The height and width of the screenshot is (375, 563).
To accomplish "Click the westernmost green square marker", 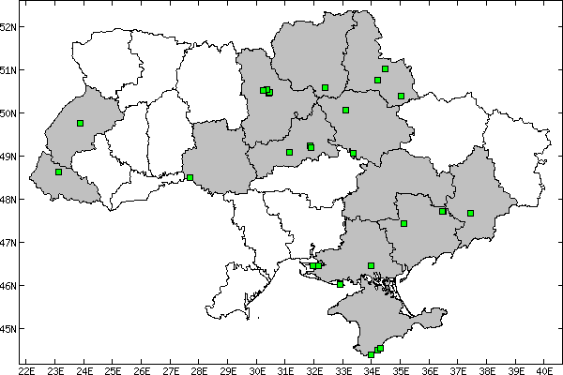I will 58,172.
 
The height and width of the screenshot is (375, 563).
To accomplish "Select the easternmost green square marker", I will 471,213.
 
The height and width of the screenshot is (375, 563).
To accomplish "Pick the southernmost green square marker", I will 372,354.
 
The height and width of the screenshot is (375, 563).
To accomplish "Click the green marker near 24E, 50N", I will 81,123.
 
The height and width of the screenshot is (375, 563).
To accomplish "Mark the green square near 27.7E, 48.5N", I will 190,177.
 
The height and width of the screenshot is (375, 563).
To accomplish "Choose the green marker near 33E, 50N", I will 345,110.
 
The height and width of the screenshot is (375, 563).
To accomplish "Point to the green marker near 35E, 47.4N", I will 403,223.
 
